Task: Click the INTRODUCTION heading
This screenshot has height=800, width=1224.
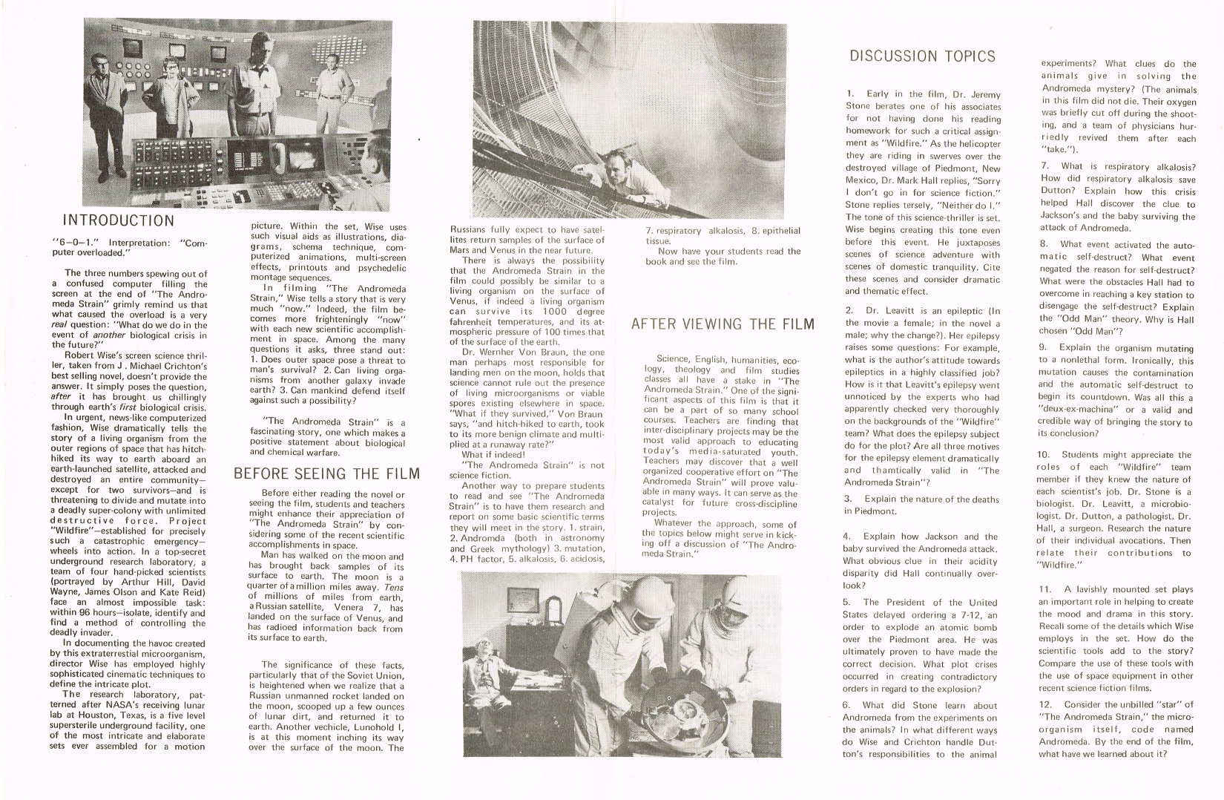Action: (x=118, y=220)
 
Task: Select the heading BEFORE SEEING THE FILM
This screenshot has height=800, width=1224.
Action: (x=326, y=473)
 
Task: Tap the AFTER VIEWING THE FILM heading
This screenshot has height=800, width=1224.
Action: (x=722, y=324)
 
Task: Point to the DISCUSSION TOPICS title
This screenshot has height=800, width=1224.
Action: (x=922, y=56)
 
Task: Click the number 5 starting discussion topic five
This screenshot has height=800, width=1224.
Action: (x=846, y=602)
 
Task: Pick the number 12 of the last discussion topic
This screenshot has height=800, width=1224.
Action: (x=1045, y=704)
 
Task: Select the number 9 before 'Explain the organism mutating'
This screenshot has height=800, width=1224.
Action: (x=1042, y=347)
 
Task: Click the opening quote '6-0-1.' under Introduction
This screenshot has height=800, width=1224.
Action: (x=73, y=243)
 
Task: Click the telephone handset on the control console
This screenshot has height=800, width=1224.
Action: (x=280, y=156)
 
